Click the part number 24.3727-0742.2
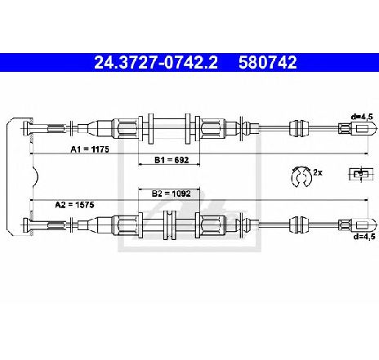point(156,62)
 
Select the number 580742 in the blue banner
point(268,62)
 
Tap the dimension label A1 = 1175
point(90,149)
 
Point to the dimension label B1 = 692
point(172,160)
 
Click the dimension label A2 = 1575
point(74,205)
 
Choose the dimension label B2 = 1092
point(172,193)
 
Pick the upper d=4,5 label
point(362,117)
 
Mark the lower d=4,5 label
point(364,236)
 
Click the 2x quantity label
point(318,172)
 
